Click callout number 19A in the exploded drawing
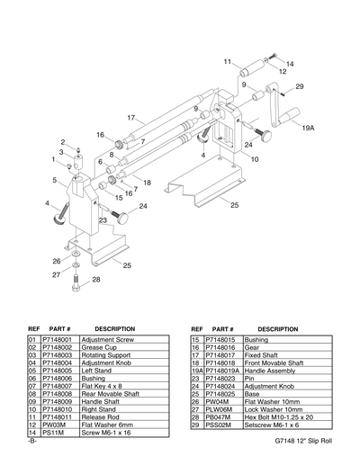pyautogui.click(x=308, y=128)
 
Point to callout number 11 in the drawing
pyautogui.click(x=228, y=60)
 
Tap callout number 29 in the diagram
pyautogui.click(x=299, y=86)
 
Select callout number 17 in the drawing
pyautogui.click(x=130, y=118)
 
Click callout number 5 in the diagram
pyautogui.click(x=56, y=181)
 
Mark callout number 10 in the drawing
pyautogui.click(x=255, y=159)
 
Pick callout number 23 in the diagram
pyautogui.click(x=103, y=219)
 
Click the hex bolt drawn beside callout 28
pyautogui.click(x=76, y=289)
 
